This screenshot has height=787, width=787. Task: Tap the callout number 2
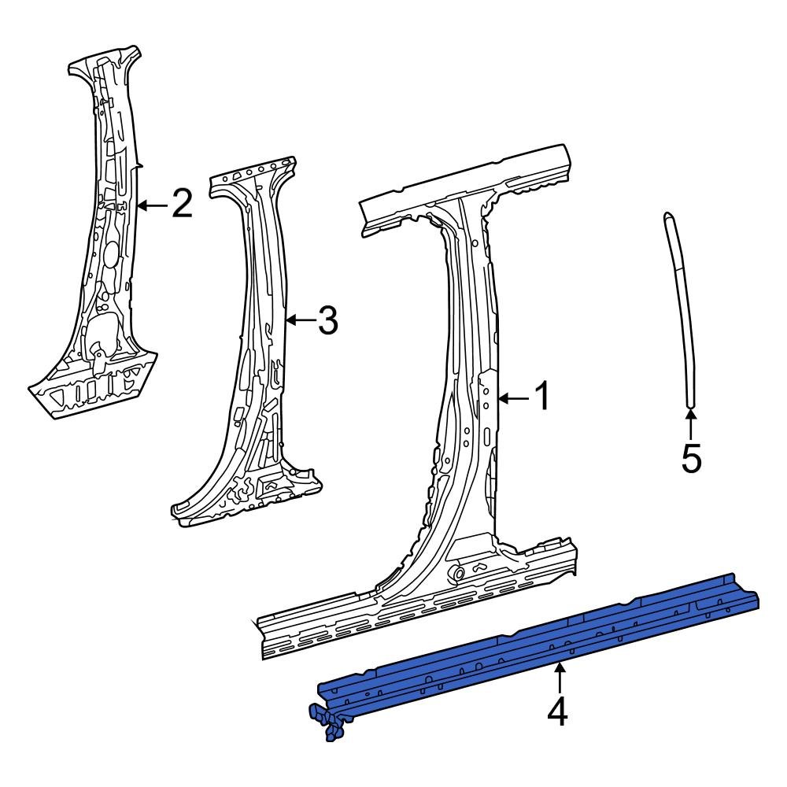[181, 205]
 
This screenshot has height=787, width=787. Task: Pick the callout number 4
[557, 712]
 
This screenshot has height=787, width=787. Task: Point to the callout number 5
[690, 459]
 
